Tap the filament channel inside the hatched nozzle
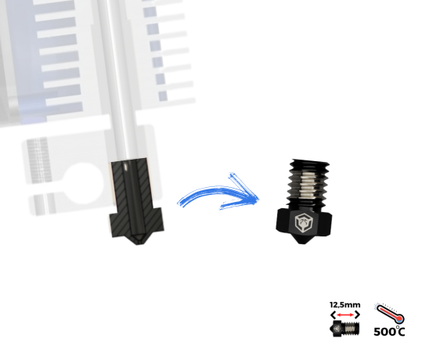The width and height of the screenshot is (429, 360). pyautogui.click(x=129, y=196)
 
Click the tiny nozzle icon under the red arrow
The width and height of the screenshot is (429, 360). pyautogui.click(x=344, y=328)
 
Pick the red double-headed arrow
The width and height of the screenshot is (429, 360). pyautogui.click(x=345, y=315)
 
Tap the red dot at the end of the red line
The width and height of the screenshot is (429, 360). pyautogui.click(x=399, y=319)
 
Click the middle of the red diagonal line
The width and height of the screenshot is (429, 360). pyautogui.click(x=389, y=313)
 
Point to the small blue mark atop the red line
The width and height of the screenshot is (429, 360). pyautogui.click(x=377, y=304)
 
